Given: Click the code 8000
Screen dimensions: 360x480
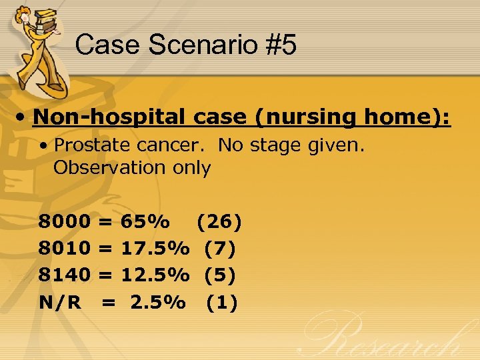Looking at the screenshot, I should (x=65, y=221).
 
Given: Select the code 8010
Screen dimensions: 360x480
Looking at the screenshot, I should (x=65, y=249).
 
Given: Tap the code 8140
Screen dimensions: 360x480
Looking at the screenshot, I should (x=65, y=275).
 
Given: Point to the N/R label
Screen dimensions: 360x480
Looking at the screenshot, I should (x=60, y=303).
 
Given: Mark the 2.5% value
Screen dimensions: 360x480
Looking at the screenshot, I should (x=158, y=303).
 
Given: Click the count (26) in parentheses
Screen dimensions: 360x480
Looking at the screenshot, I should (x=219, y=221).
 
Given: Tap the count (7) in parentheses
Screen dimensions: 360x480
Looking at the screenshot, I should (x=220, y=249).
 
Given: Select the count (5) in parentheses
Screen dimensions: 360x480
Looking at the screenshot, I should (x=220, y=275).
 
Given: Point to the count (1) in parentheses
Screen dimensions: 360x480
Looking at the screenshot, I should (x=221, y=303).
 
